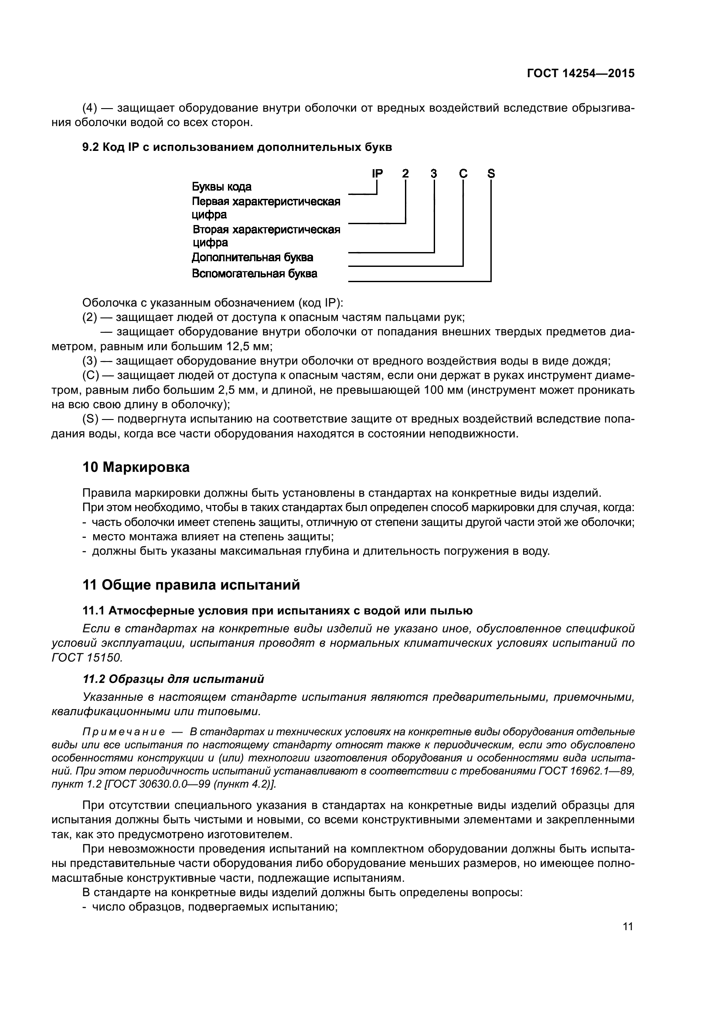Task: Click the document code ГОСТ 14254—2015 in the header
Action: click(x=580, y=74)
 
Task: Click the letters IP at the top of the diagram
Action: click(x=377, y=174)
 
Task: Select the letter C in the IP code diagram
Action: click(x=463, y=174)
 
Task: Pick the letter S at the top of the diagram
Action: click(x=490, y=174)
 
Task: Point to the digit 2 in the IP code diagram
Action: click(x=405, y=174)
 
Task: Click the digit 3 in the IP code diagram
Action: click(x=434, y=174)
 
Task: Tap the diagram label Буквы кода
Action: click(x=221, y=187)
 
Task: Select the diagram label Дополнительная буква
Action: click(x=252, y=258)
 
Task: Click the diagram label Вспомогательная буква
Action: click(x=255, y=274)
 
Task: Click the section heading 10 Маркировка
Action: click(x=136, y=467)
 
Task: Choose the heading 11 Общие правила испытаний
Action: click(x=191, y=585)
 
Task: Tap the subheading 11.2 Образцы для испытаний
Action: click(x=173, y=679)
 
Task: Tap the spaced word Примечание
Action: click(x=124, y=732)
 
